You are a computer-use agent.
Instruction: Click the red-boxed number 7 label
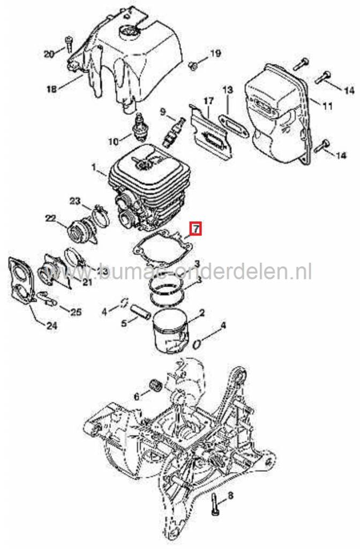pos(196,229)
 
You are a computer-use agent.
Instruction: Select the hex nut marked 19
pos(194,65)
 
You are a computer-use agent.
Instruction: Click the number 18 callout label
pos(51,89)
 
